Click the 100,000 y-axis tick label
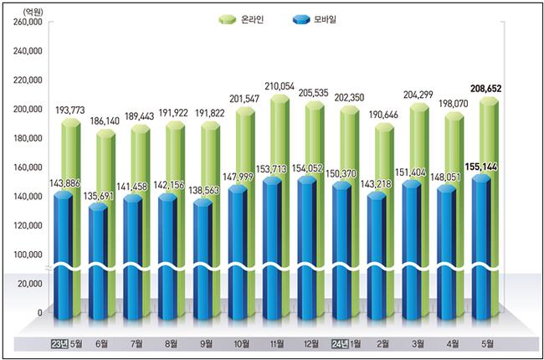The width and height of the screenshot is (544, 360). (27, 255)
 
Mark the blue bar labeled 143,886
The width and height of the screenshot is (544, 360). (63, 251)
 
